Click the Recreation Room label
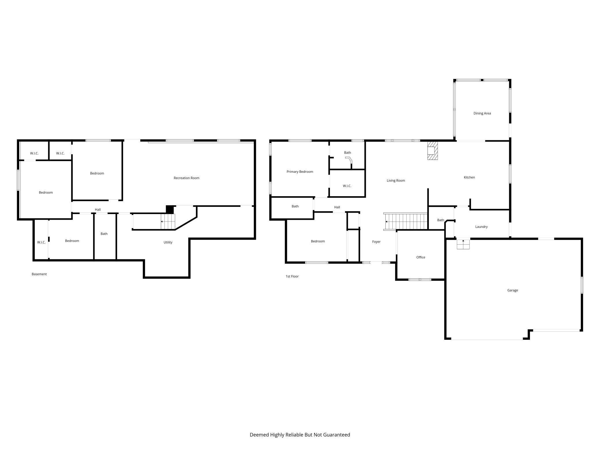(x=186, y=178)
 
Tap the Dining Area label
(x=482, y=113)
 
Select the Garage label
(x=513, y=290)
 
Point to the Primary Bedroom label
(x=300, y=172)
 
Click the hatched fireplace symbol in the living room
(x=432, y=151)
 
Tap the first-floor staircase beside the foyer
(x=405, y=222)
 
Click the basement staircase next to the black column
(x=168, y=222)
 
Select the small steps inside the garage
(x=463, y=244)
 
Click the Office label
(x=421, y=257)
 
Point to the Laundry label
(x=481, y=227)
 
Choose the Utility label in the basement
(x=168, y=242)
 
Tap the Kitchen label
(x=469, y=177)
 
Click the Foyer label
(x=376, y=242)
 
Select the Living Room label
(x=396, y=181)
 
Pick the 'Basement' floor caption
(x=39, y=274)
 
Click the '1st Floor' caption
(x=292, y=276)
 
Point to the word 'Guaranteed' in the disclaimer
(x=337, y=435)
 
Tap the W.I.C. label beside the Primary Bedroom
(x=347, y=186)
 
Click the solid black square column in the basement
(x=170, y=209)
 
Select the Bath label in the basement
(x=104, y=234)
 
